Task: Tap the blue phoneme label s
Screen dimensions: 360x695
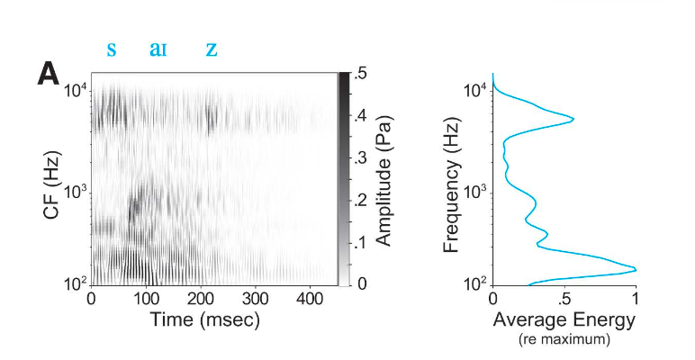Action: point(112,49)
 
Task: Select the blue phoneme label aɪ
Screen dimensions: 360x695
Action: point(158,49)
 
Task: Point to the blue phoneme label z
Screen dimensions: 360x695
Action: point(212,49)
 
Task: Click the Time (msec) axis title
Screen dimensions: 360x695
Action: point(200,319)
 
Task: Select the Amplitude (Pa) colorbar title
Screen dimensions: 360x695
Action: point(383,180)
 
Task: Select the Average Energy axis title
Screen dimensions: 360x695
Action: point(564,319)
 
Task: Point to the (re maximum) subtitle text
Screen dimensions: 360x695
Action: point(564,339)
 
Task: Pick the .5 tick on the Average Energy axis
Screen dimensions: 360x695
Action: point(564,299)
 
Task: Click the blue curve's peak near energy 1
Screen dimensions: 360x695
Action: point(635,269)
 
